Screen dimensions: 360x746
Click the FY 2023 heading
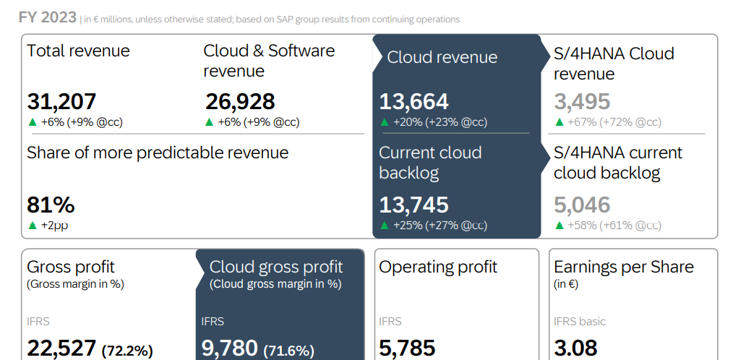pyautogui.click(x=47, y=18)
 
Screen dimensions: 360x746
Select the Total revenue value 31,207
pyautogui.click(x=61, y=102)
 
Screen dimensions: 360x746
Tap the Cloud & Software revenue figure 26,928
pyautogui.click(x=240, y=102)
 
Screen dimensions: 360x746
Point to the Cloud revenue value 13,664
pyautogui.click(x=414, y=102)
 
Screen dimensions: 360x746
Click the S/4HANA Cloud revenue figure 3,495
pyautogui.click(x=582, y=102)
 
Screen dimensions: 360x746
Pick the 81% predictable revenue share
pyautogui.click(x=51, y=205)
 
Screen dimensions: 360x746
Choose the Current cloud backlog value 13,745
pyautogui.click(x=414, y=205)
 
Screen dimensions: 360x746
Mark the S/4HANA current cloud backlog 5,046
pyautogui.click(x=582, y=205)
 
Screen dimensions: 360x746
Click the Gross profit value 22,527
pyautogui.click(x=61, y=348)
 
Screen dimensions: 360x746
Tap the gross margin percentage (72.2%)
pyautogui.click(x=127, y=351)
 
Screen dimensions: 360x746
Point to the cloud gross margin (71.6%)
pyautogui.click(x=289, y=351)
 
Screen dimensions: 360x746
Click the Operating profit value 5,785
pyautogui.click(x=407, y=348)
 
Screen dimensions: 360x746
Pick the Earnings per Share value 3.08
pyautogui.click(x=575, y=348)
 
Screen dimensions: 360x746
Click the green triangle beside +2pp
pyautogui.click(x=32, y=226)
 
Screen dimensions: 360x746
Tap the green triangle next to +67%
pyautogui.click(x=559, y=122)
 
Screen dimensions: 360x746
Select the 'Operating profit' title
pyautogui.click(x=438, y=267)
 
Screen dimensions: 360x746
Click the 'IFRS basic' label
pyautogui.click(x=580, y=321)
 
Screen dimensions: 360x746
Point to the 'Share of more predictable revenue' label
pyautogui.click(x=158, y=153)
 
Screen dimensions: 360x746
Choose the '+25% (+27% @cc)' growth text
pyautogui.click(x=440, y=226)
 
